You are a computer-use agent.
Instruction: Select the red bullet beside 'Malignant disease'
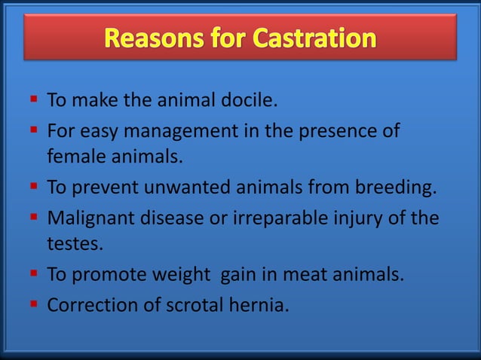pyautogui.click(x=34, y=217)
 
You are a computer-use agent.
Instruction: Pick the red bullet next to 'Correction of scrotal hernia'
pyautogui.click(x=34, y=304)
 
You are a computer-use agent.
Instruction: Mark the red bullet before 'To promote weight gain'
pyautogui.click(x=34, y=273)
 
